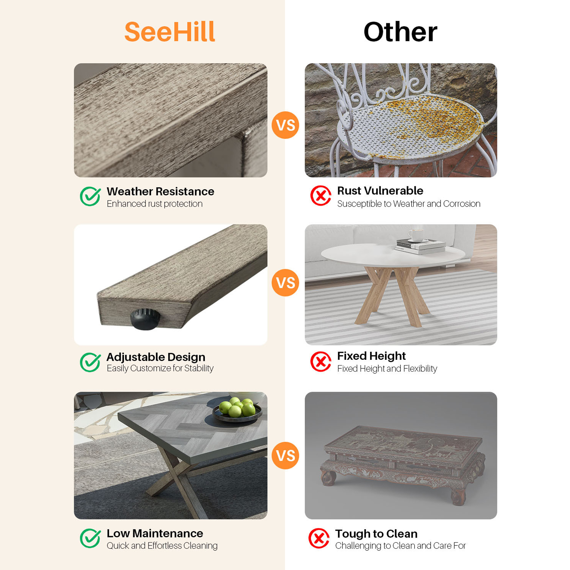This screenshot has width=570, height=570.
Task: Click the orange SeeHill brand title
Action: pyautogui.click(x=170, y=32)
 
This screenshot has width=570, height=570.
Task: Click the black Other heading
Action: pyautogui.click(x=400, y=32)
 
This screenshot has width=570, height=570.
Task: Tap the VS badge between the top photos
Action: pyautogui.click(x=285, y=125)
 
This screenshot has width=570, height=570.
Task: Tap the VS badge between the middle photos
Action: pyautogui.click(x=285, y=283)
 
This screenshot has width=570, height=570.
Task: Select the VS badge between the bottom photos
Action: pyautogui.click(x=285, y=455)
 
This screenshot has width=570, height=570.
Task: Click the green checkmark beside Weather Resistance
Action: pyautogui.click(x=90, y=196)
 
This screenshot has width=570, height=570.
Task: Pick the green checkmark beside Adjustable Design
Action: pyautogui.click(x=90, y=362)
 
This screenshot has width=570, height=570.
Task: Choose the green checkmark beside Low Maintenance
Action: pyautogui.click(x=90, y=538)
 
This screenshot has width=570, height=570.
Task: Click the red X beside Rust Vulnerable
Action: pyautogui.click(x=321, y=196)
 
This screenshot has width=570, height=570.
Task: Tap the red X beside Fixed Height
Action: pyautogui.click(x=321, y=362)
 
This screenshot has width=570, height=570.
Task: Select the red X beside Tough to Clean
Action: pyautogui.click(x=319, y=538)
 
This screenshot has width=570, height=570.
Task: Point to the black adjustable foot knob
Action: pyautogui.click(x=145, y=319)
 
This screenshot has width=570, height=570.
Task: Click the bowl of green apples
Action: pyautogui.click(x=237, y=410)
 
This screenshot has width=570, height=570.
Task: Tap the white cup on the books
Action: pyautogui.click(x=416, y=235)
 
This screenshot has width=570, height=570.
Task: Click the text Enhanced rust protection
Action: pyautogui.click(x=155, y=204)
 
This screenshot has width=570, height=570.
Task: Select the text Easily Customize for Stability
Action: pyautogui.click(x=160, y=368)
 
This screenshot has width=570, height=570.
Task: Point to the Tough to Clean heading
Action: pyautogui.click(x=376, y=534)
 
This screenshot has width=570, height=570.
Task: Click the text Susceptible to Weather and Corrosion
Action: pyautogui.click(x=409, y=204)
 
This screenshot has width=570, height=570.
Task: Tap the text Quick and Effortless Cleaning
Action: pyautogui.click(x=162, y=546)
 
